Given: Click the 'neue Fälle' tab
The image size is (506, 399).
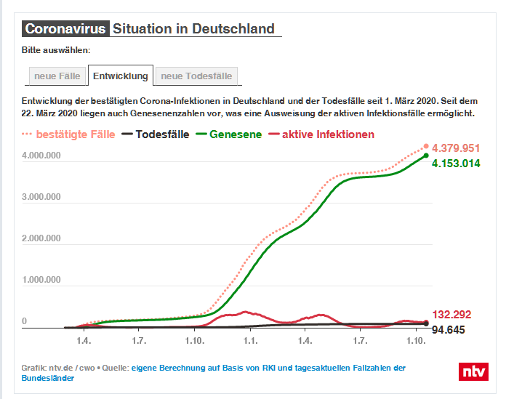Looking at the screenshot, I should click(57, 76).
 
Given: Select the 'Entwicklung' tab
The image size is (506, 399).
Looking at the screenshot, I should click(121, 76).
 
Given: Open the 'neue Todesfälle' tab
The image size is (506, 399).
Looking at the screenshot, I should click(196, 76).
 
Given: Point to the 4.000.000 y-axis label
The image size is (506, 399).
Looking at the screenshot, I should click(41, 156).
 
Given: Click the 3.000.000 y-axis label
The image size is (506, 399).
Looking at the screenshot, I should click(41, 197).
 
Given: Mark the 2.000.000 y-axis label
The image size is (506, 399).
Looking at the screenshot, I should click(41, 238).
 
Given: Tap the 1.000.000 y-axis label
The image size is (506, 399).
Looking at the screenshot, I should click(41, 280).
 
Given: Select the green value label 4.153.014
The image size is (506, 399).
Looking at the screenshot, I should click(456, 164).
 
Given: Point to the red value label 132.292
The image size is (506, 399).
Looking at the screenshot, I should click(451, 315).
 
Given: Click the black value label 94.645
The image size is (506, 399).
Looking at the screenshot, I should click(449, 331).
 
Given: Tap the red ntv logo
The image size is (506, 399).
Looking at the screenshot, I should click(473, 371).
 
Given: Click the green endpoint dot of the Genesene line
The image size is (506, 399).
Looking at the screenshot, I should click(426, 155).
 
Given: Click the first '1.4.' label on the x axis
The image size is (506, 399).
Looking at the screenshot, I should click(84, 340).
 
